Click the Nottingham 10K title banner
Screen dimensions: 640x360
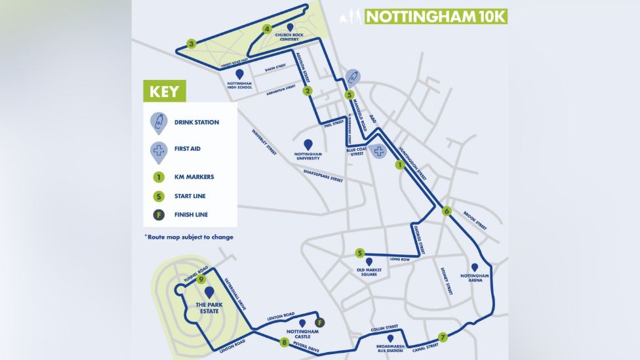tap(435, 16)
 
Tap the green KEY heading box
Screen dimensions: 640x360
tap(165, 90)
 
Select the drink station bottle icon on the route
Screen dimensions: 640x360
tap(352, 79)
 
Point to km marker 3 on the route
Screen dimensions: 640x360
tap(191, 44)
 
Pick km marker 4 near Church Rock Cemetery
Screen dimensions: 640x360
tap(267, 29)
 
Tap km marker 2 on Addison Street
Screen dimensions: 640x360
tap(307, 91)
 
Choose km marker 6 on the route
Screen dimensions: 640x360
tap(447, 210)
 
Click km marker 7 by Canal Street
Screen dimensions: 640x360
tap(443, 337)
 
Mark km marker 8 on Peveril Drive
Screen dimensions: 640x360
tap(284, 342)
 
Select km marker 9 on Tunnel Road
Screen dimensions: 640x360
tap(201, 279)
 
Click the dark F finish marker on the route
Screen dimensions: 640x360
tap(320, 322)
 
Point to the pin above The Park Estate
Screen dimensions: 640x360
tap(209, 292)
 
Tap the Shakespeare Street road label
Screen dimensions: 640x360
tap(323, 176)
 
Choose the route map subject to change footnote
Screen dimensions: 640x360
tap(188, 237)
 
